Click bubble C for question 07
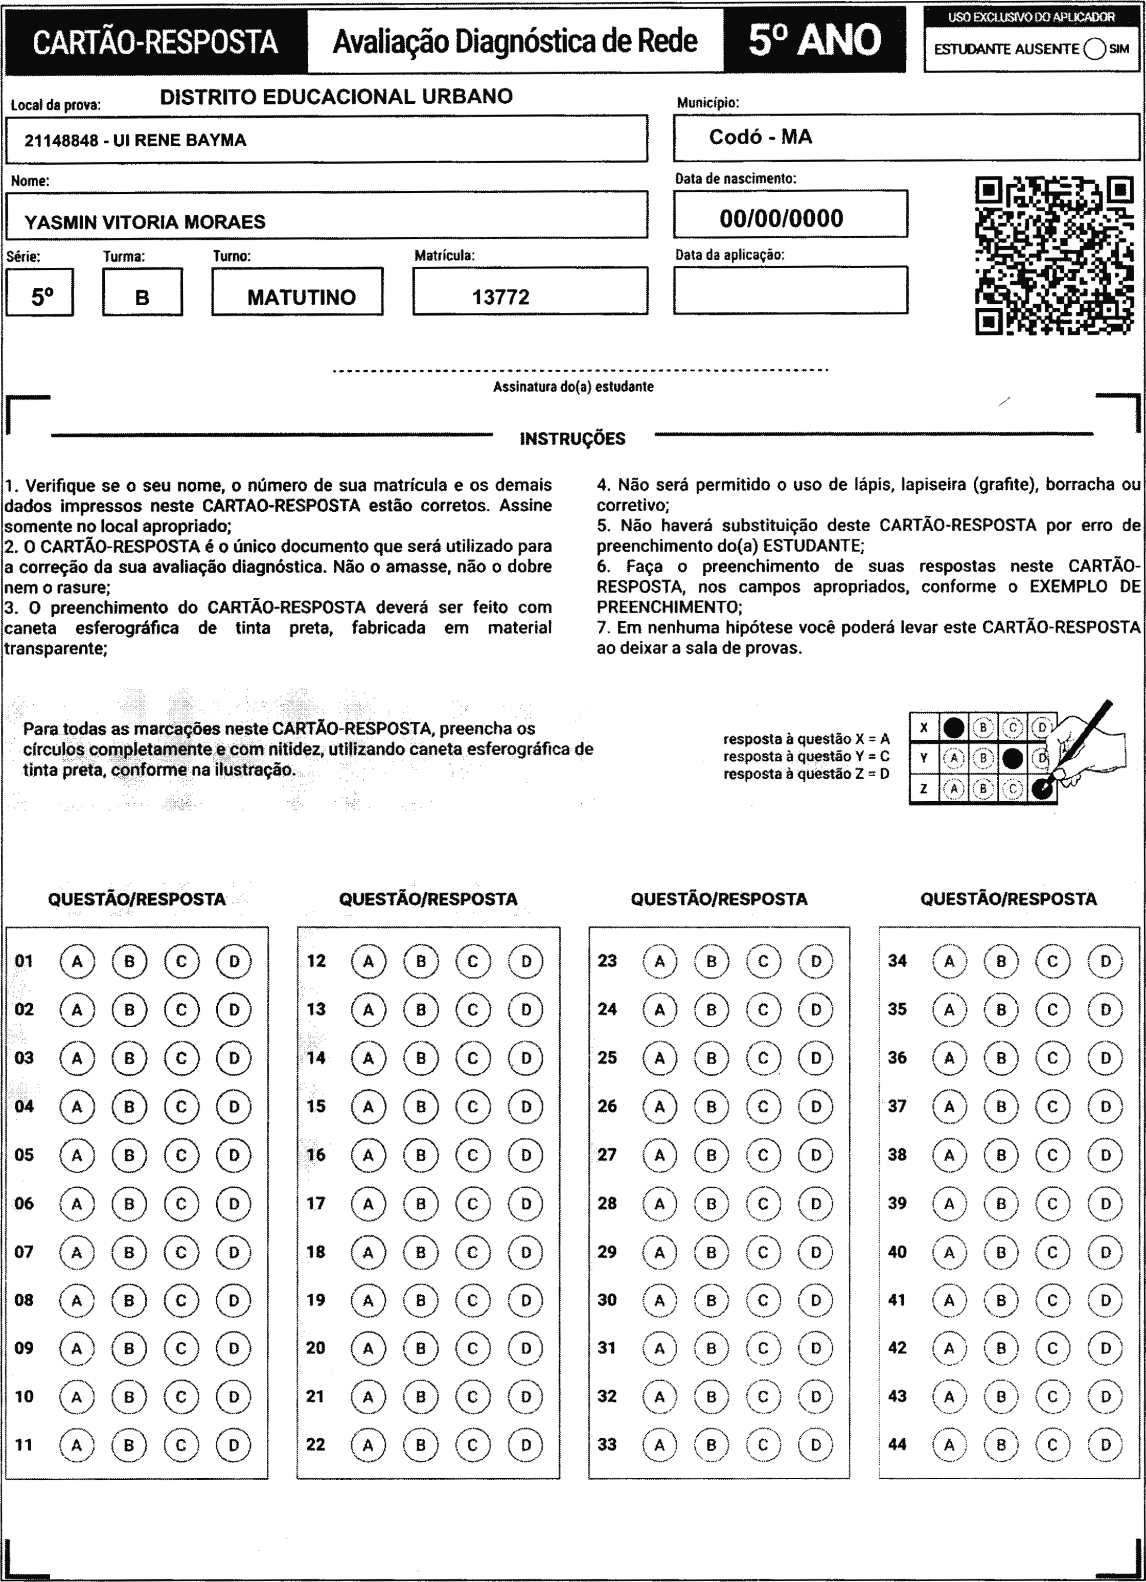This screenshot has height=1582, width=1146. pos(181,1252)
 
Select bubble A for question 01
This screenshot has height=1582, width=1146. pos(77,961)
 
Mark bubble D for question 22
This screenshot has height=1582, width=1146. pos(525,1444)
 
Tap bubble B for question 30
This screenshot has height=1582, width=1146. pos(711,1300)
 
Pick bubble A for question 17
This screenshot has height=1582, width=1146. pos(368,1203)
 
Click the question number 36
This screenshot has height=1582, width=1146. pos(897,1057)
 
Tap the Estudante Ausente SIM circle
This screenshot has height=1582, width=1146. pos(1094,49)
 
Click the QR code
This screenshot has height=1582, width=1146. pos(1053,255)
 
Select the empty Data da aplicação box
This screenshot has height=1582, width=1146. pos(790,289)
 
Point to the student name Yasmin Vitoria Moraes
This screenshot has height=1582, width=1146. pos(145,222)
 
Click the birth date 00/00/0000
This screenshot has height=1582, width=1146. pos(781,218)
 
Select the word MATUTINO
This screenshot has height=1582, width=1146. pos(301,297)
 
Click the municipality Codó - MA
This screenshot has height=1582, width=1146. pos(760,137)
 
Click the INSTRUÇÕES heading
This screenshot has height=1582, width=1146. pos(572,439)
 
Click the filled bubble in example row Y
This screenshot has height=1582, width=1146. pos(1012,758)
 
